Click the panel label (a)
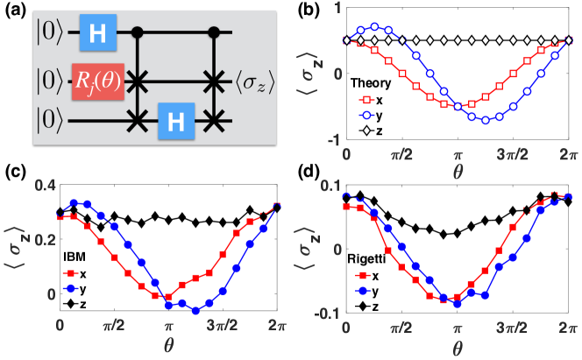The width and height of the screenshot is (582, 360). point(15,11)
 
